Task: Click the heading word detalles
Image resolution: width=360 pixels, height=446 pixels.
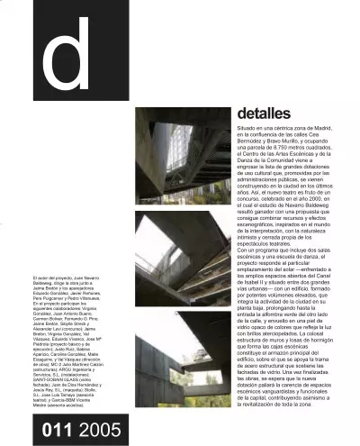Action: (x=264, y=114)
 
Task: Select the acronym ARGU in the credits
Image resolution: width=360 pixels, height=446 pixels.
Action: (x=65, y=370)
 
